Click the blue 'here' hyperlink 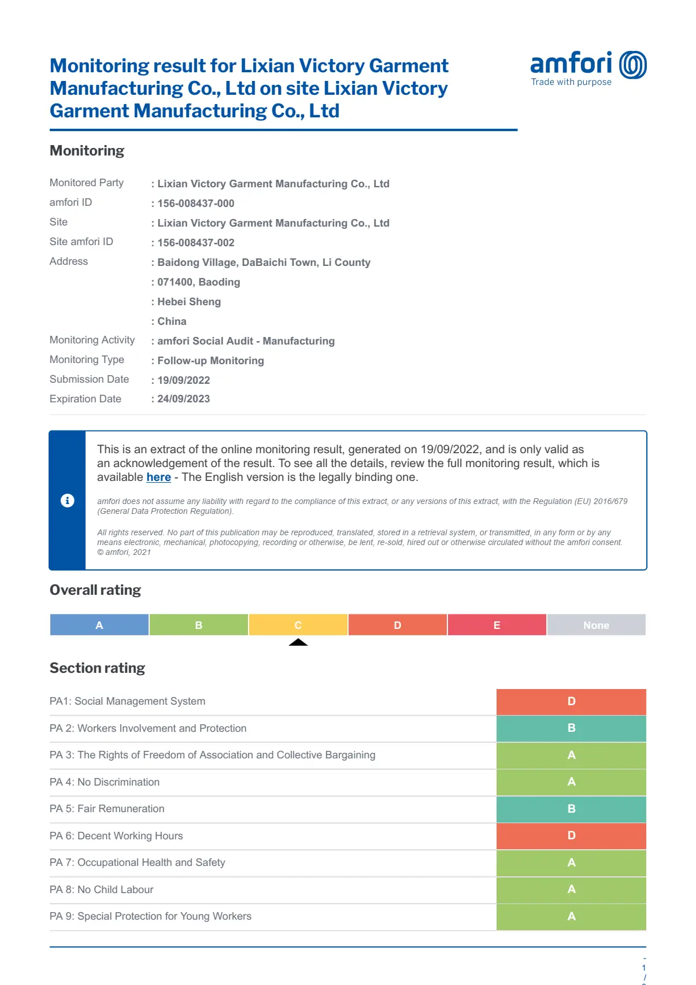click(158, 477)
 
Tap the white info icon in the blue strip click(68, 501)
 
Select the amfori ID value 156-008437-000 click(196, 203)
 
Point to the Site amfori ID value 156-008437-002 click(196, 243)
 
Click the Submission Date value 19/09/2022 click(184, 380)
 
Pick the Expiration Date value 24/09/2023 click(184, 399)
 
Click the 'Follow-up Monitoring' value click(210, 361)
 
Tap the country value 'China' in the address click(172, 321)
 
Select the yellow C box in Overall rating click(298, 625)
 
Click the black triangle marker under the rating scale click(298, 642)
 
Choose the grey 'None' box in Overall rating click(596, 625)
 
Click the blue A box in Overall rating click(99, 625)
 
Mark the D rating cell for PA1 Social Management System click(571, 701)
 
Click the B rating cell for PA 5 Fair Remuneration click(571, 809)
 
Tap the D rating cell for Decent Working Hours click(571, 836)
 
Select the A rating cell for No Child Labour click(571, 890)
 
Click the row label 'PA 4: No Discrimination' click(105, 782)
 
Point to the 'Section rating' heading click(97, 668)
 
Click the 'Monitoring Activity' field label click(92, 340)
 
